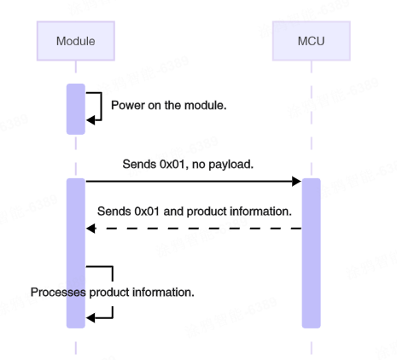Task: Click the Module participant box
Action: pos(75,41)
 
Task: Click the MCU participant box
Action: pos(311,41)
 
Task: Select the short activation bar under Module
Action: pos(75,109)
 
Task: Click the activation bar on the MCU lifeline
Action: pos(311,253)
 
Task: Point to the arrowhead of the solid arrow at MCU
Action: pos(296,181)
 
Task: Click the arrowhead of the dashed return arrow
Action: pos(90,229)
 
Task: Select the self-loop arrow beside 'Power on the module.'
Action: pos(96,107)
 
